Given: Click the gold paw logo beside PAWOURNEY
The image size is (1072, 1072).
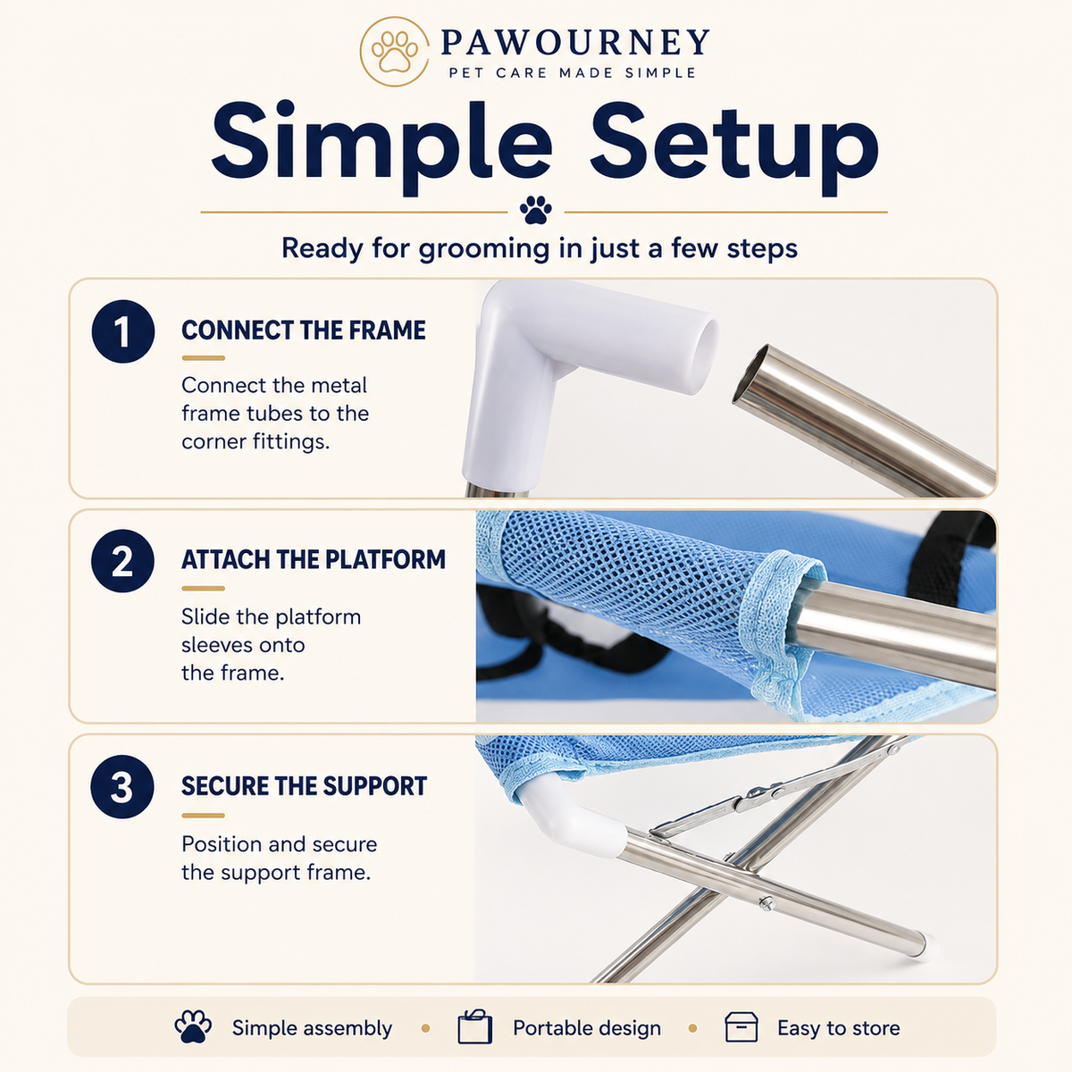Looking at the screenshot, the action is (x=395, y=52).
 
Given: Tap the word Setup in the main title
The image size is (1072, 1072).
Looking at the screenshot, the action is (x=733, y=147).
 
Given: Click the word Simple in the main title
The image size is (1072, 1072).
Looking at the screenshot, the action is (x=381, y=147).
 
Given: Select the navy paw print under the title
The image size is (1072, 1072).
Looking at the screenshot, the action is (x=536, y=210).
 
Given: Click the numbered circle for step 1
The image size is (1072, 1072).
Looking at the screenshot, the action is (x=123, y=331).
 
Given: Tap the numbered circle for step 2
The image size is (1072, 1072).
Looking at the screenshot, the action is (x=122, y=561).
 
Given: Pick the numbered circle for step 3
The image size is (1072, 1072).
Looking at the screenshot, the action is (x=122, y=787).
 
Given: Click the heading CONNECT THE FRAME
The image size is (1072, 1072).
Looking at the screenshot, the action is (x=304, y=331).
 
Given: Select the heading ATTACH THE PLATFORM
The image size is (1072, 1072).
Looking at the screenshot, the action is (x=314, y=559).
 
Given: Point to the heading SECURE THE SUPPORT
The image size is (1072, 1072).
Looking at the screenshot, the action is (x=305, y=786).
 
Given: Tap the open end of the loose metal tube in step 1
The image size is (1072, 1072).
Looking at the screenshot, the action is (x=750, y=373).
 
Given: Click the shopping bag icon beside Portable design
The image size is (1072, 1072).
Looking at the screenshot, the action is (x=474, y=1026).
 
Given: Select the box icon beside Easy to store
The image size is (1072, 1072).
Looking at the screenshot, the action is (x=741, y=1027).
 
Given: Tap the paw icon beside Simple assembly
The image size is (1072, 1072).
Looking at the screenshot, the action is (x=193, y=1026).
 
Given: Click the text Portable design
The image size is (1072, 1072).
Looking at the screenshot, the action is (x=587, y=1028).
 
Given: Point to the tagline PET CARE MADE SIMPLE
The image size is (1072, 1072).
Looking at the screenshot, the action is (x=573, y=73).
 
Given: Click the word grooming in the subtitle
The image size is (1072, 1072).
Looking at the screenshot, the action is (x=484, y=248).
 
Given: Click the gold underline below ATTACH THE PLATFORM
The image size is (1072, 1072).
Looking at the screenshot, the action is (x=203, y=588).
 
